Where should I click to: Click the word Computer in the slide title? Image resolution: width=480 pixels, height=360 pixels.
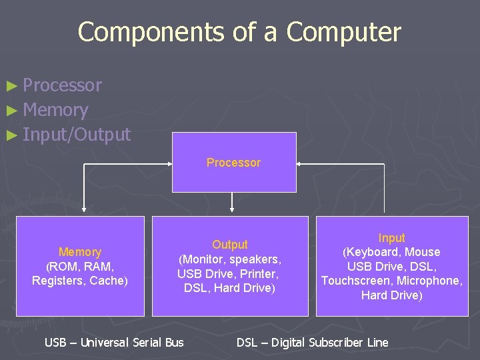[343, 32]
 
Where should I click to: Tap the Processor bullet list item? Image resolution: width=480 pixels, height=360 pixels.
[62, 85]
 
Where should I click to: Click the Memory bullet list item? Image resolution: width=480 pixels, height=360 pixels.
[55, 110]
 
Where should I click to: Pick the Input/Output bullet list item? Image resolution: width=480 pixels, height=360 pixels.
[77, 135]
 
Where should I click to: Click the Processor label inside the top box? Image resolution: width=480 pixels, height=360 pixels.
[233, 163]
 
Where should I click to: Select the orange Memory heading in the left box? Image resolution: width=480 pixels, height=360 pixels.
[80, 252]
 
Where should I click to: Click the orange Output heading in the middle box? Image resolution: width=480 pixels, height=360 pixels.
[230, 245]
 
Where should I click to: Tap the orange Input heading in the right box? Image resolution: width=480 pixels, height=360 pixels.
[391, 238]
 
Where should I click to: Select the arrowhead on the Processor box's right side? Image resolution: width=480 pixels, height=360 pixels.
[300, 163]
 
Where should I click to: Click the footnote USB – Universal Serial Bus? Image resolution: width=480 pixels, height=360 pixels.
[113, 343]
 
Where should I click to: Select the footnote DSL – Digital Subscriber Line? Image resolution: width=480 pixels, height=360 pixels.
[312, 343]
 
